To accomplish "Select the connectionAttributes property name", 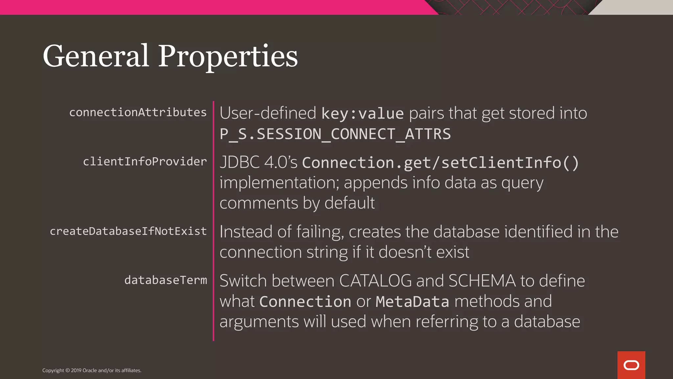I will [138, 112].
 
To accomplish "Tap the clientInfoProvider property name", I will [145, 162].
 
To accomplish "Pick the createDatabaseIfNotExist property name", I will [128, 231].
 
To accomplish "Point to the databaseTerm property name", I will [166, 280].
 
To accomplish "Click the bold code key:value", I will [362, 114].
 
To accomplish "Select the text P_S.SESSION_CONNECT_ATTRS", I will [335, 134].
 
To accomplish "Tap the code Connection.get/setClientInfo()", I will [440, 163].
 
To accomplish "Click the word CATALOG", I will [375, 281].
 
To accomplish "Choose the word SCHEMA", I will [482, 281].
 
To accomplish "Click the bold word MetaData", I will [412, 301].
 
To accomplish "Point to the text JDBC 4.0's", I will [258, 162].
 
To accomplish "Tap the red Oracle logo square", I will [631, 365].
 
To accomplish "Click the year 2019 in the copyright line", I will [76, 370].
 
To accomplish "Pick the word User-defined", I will [268, 113].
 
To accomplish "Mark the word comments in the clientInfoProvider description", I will [259, 203].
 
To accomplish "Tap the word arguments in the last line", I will [259, 322].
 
